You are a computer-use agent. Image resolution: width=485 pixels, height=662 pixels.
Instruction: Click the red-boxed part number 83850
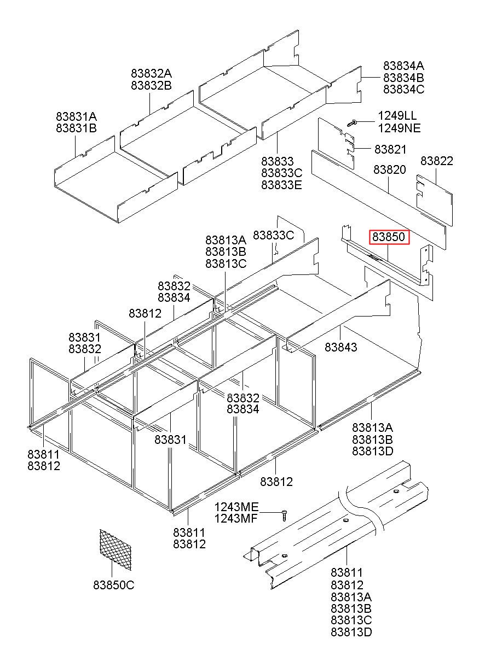click(388, 237)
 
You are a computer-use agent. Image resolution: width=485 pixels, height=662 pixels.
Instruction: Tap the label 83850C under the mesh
click(113, 585)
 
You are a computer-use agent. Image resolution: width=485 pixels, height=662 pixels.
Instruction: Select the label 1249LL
click(397, 116)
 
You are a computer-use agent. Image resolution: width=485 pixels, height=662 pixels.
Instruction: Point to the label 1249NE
click(398, 128)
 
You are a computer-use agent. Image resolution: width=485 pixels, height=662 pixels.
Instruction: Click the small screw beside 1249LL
click(353, 122)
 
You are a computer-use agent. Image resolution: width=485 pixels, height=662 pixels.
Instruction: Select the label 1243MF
click(235, 519)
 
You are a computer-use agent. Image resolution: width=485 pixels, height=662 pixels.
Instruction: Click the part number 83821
click(390, 149)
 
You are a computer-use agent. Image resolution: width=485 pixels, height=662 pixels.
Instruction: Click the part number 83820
click(389, 170)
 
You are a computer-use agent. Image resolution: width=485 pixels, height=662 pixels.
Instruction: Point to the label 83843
click(340, 347)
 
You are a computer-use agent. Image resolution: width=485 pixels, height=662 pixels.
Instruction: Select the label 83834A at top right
click(403, 66)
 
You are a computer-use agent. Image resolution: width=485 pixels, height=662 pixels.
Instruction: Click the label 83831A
click(76, 116)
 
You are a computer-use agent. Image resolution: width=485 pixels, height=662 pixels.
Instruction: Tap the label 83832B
click(151, 85)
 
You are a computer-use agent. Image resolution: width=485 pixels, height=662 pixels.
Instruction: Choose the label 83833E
click(281, 185)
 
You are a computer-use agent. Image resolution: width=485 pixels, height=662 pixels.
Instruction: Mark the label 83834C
click(403, 90)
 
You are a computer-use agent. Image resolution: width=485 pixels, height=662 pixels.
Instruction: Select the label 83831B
click(76, 128)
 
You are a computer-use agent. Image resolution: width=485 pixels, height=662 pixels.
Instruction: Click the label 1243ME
click(235, 507)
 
